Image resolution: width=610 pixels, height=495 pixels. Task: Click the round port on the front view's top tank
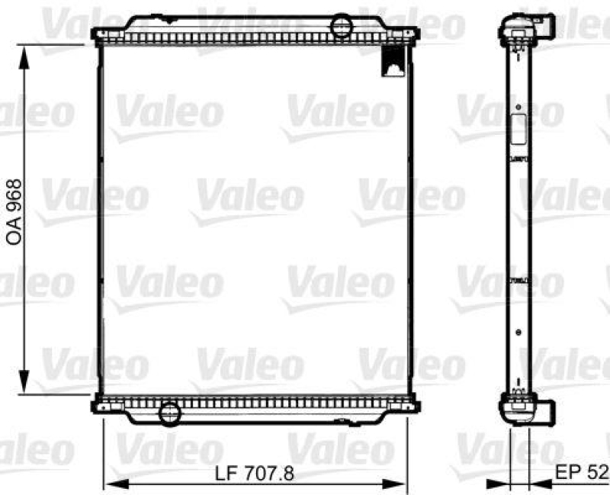point(341,26)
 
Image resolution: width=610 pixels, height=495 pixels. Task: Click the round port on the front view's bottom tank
point(168,413)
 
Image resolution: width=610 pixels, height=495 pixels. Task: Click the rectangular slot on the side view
point(518,129)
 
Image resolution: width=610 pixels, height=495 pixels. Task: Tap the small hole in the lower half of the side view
point(518,333)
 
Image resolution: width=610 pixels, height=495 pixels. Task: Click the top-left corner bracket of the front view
point(97,34)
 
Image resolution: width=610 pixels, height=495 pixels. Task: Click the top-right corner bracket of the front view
point(413,34)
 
